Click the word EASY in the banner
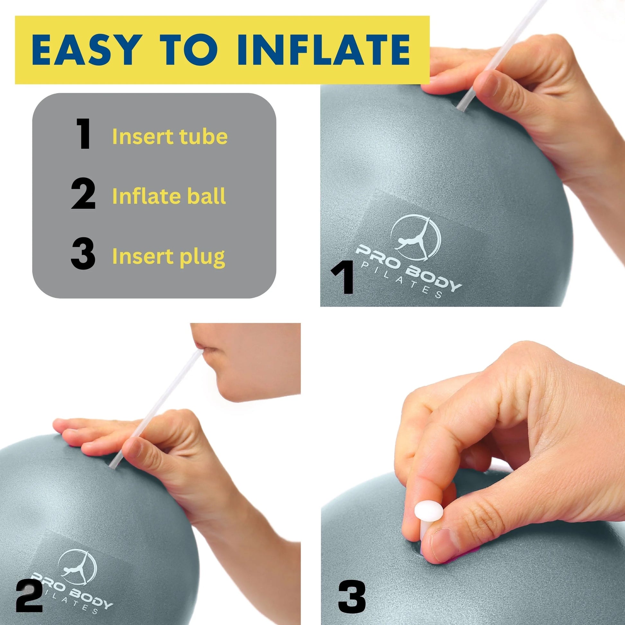87,50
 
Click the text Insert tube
170,136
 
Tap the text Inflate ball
169,196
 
